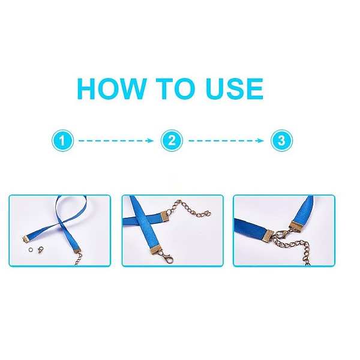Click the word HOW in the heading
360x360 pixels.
(112, 88)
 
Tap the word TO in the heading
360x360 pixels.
(176, 88)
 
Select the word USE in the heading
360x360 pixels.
(235, 88)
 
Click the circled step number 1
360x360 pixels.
(62, 140)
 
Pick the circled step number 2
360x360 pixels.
(172, 140)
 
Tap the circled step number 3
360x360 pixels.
(281, 140)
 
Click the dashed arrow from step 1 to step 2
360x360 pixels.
(116, 140)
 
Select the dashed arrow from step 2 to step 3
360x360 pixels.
(226, 140)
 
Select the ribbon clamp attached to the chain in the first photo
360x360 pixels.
(77, 251)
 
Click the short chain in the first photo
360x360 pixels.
(79, 259)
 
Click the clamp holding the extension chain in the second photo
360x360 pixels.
(166, 215)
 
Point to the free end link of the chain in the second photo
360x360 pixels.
(208, 214)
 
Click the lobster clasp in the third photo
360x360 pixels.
(281, 233)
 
